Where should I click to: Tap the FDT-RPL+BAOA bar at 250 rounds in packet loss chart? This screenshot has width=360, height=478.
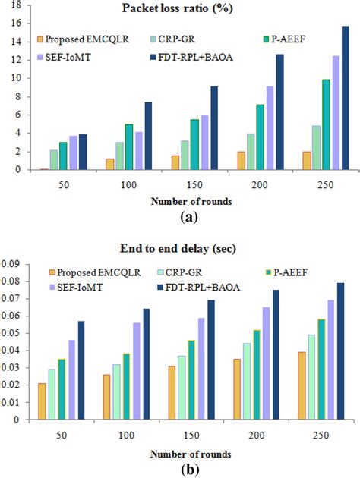pyautogui.click(x=345, y=98)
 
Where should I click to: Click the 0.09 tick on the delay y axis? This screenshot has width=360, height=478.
pyautogui.click(x=12, y=264)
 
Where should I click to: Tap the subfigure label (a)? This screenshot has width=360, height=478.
pyautogui.click(x=190, y=216)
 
